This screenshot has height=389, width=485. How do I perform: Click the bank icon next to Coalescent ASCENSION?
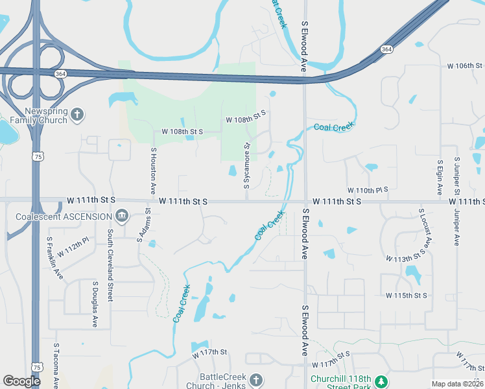tap(121, 216)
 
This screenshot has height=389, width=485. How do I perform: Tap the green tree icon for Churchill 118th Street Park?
tap(383, 380)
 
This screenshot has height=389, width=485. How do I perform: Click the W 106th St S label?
tap(465, 66)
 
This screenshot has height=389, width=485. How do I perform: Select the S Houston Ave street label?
tap(154, 171)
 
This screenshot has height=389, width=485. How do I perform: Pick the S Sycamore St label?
tap(247, 166)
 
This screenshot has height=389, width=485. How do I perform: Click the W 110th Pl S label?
tap(368, 189)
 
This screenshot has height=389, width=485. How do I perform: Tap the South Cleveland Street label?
tap(110, 265)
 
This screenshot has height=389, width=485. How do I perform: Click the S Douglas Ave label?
tap(95, 304)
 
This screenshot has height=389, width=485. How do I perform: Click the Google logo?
tap(21, 381)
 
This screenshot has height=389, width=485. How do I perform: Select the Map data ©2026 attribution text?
tap(457, 384)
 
